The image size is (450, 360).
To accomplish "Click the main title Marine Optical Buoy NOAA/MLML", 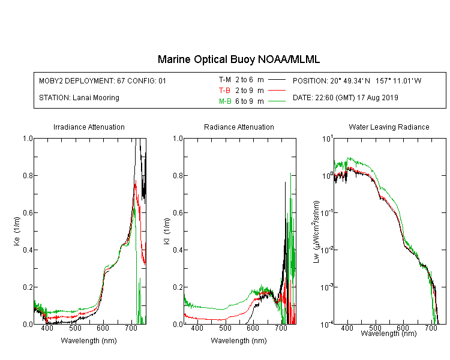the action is coord(239,59).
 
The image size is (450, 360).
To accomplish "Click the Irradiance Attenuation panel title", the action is coord(89,127).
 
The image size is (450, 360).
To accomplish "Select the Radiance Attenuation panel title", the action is coord(239,127).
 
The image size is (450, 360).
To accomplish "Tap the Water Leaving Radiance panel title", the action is coord(389,127).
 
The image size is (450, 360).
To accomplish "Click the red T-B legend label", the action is coord(224,91).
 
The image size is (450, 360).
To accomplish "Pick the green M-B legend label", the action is coord(225,101).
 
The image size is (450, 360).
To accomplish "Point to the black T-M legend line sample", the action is coord(277,80).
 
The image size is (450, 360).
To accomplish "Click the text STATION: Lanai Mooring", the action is coord(79,98).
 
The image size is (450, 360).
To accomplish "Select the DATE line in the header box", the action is coord(345,98).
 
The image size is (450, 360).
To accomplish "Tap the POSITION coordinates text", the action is coord(357,80).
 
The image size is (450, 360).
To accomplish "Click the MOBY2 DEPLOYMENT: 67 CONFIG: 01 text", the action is coord(103,80).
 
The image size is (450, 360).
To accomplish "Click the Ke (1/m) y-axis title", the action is coord(17,231).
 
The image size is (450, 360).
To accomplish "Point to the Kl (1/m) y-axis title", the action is coord(167,231).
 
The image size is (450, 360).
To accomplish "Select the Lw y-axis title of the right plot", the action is coord(316,232).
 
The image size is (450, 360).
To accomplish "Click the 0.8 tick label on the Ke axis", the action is coord(28,175).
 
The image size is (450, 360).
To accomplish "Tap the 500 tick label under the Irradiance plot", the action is coord(75,328).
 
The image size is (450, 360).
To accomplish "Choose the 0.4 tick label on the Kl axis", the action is coord(178,250).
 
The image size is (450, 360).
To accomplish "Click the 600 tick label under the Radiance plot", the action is coord(253,328).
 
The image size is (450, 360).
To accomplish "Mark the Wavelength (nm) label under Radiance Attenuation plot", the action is coord(239,341).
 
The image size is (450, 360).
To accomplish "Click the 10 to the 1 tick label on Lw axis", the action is coord(327,139).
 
